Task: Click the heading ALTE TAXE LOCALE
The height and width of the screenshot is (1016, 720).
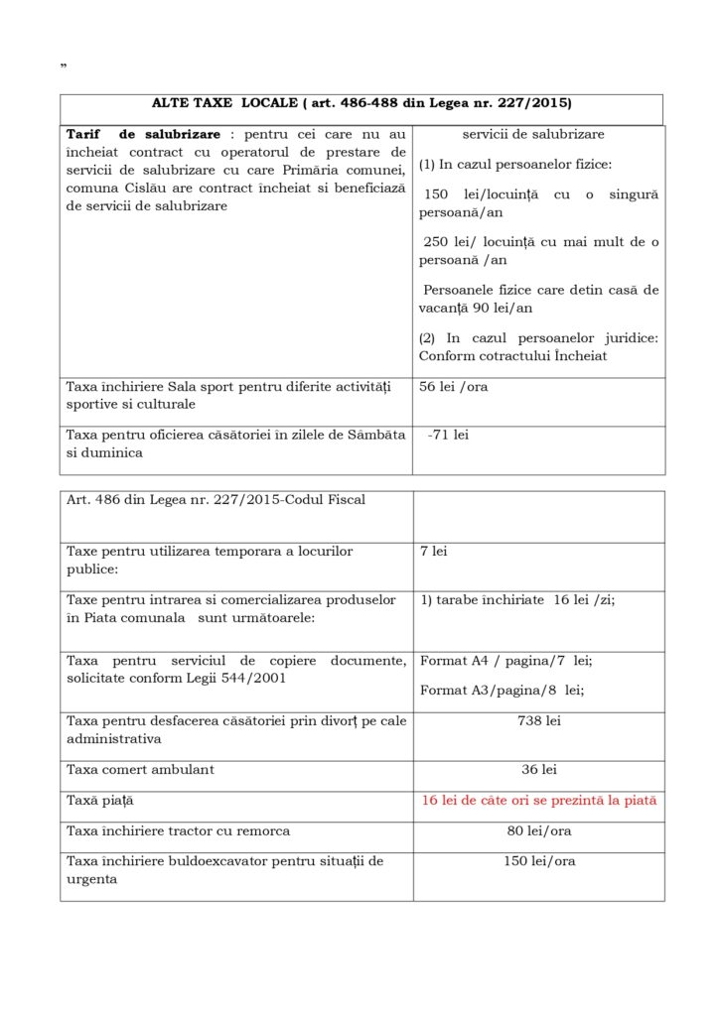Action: coord(361,103)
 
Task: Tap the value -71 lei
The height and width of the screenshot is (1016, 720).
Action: coord(448,435)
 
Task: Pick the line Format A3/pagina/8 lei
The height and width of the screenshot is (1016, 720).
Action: coord(502,689)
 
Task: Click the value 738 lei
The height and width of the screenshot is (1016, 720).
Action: coord(538,720)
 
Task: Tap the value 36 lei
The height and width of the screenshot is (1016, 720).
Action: coord(538,769)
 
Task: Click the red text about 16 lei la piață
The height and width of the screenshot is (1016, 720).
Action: coord(538,800)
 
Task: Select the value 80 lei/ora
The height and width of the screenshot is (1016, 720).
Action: coord(538,830)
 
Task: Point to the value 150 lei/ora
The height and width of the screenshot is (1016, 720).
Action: coord(538,860)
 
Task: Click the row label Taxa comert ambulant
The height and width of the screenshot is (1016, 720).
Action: coord(140,769)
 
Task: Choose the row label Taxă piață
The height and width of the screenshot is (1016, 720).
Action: coord(99,800)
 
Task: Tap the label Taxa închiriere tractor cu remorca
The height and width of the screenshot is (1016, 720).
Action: coord(178,830)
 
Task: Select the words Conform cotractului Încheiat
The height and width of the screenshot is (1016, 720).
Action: coord(512,355)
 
